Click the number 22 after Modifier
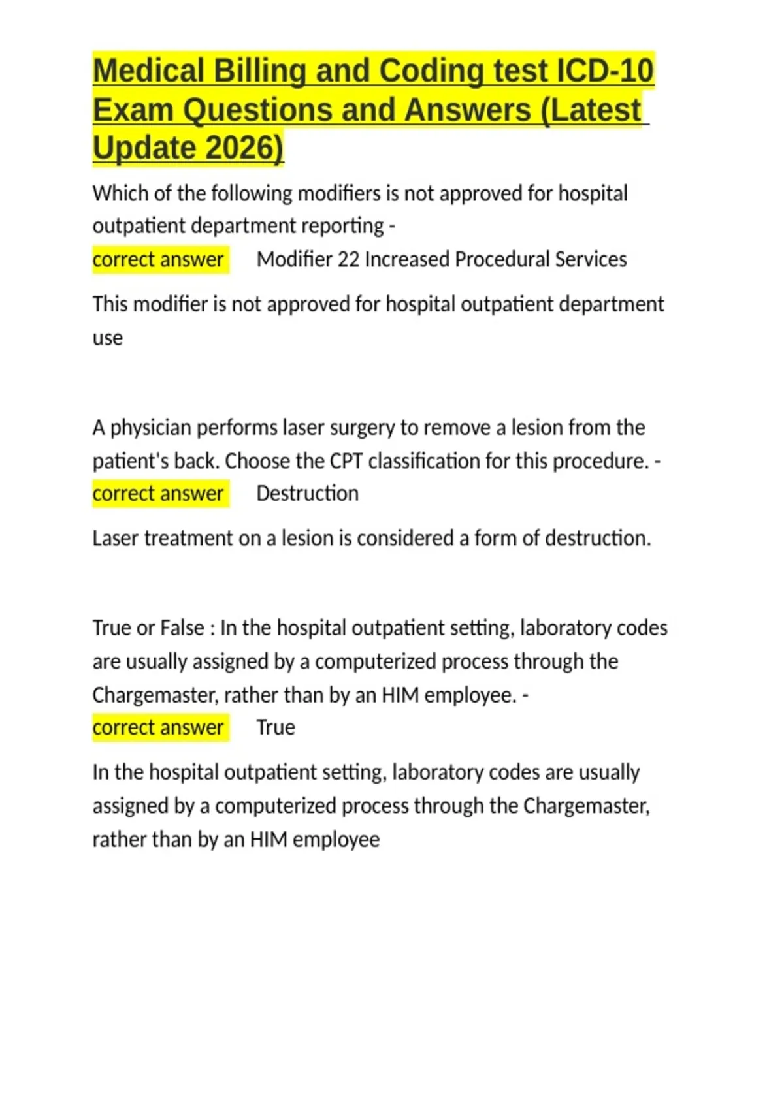(x=348, y=259)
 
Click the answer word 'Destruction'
(x=307, y=494)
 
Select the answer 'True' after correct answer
(x=275, y=727)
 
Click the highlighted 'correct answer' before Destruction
(x=158, y=494)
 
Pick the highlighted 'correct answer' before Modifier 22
(x=158, y=259)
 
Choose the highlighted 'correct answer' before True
(x=158, y=727)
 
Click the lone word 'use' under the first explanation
(x=108, y=338)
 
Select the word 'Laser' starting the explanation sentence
(x=116, y=539)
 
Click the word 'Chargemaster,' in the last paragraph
(x=586, y=806)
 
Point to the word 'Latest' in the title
(x=596, y=110)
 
